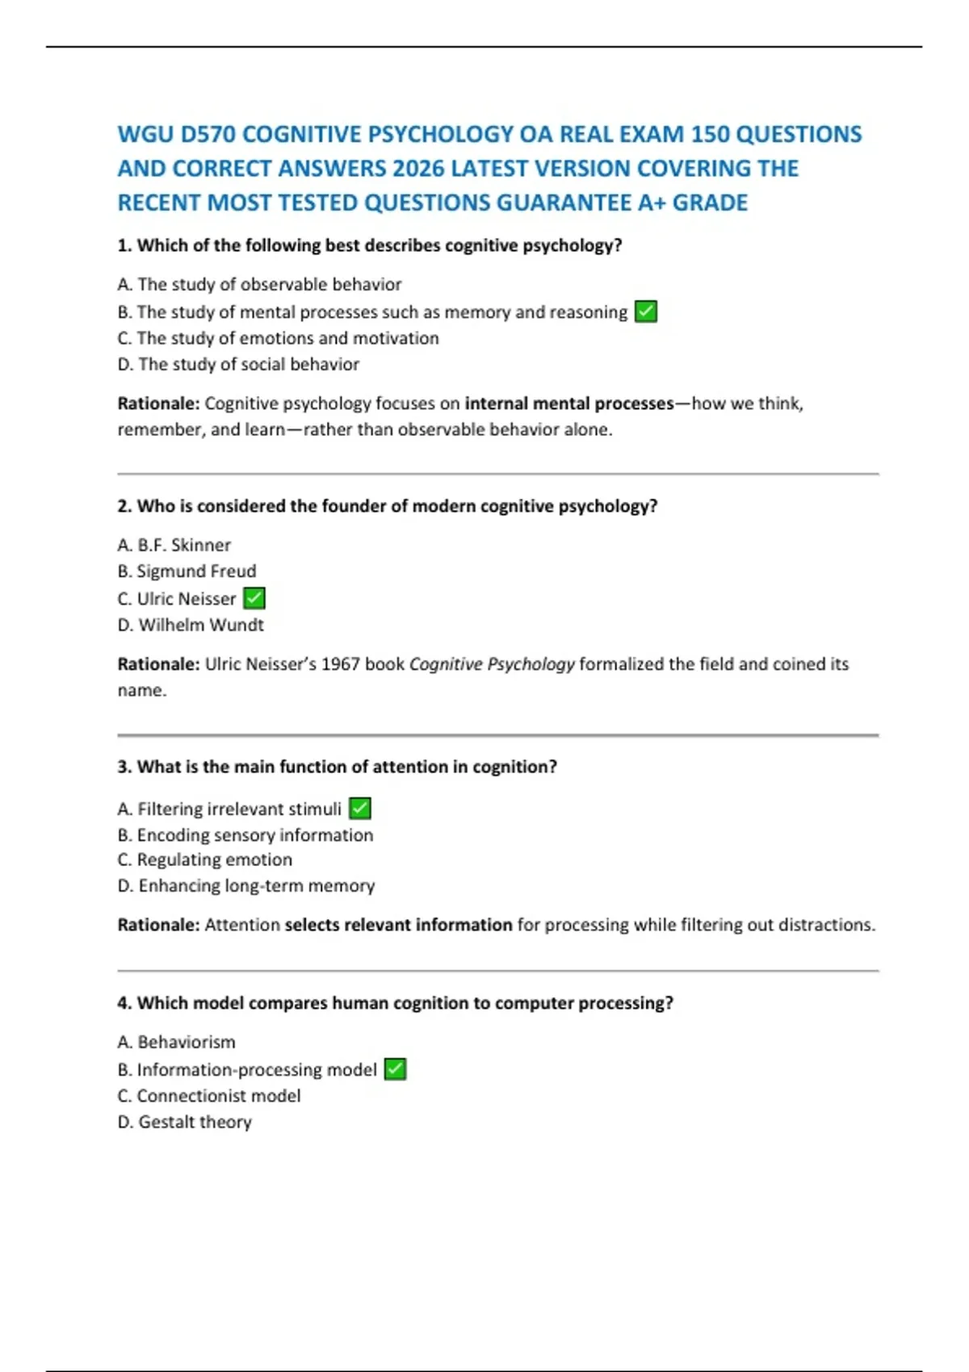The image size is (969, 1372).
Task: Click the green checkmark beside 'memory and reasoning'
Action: coord(646,312)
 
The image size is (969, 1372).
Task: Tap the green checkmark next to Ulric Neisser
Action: coord(254,598)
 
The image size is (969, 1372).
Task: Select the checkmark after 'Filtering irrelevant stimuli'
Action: coord(360,808)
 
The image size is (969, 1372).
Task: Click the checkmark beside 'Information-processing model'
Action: coord(395,1069)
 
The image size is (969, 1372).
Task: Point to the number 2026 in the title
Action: coord(418,169)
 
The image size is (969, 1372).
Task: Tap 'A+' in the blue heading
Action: coord(652,203)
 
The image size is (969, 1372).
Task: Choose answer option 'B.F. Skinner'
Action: coord(183,546)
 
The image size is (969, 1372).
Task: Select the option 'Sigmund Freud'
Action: coord(195,571)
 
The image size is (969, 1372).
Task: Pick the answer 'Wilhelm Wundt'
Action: coord(200,625)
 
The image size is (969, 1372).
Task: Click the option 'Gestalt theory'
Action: coord(194,1122)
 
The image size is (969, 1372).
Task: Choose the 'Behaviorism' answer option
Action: coord(186,1042)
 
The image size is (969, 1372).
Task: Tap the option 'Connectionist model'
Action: coord(218,1096)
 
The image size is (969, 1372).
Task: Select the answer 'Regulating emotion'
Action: coord(214,860)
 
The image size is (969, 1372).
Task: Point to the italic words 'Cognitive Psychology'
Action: coord(492,664)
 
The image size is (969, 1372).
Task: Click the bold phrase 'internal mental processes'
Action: coord(569,404)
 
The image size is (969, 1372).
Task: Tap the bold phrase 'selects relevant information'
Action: coord(398,925)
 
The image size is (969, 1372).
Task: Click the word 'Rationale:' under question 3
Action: coord(158,925)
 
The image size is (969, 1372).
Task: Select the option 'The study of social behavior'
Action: coord(248,365)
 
